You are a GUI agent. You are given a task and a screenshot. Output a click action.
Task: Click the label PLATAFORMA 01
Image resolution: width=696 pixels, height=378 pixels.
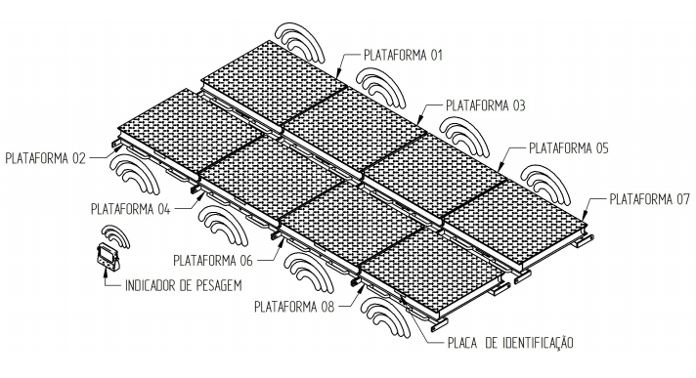pyautogui.click(x=403, y=55)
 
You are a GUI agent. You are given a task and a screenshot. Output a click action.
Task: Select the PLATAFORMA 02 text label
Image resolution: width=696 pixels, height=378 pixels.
pyautogui.click(x=45, y=158)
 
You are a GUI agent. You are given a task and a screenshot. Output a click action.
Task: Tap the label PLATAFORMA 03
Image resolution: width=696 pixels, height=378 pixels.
pyautogui.click(x=485, y=105)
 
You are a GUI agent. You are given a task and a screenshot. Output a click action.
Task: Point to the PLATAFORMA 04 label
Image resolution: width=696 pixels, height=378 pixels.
pyautogui.click(x=131, y=208)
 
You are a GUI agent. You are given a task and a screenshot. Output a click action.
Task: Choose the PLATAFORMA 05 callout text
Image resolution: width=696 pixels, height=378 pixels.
pyautogui.click(x=568, y=147)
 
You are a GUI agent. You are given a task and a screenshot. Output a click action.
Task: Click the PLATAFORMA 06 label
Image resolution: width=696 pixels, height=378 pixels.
pyautogui.click(x=213, y=260)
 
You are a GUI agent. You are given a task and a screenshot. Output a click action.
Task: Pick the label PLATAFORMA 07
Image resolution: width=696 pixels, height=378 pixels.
pyautogui.click(x=649, y=199)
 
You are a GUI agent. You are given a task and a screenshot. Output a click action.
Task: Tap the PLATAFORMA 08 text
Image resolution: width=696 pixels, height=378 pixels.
pyautogui.click(x=294, y=307)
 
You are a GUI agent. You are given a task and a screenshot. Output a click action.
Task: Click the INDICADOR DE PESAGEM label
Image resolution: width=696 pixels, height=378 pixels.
pyautogui.click(x=184, y=285)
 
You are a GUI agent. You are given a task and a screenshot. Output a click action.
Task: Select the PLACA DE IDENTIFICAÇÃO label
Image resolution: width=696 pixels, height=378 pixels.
pyautogui.click(x=510, y=343)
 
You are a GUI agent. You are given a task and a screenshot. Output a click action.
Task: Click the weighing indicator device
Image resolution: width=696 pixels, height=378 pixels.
pyautogui.click(x=108, y=256)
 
